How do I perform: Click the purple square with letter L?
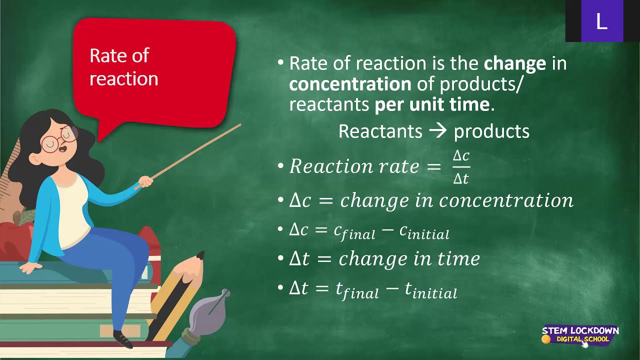coord(601,21)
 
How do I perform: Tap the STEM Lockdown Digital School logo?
coord(580,335)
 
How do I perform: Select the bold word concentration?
coord(350,84)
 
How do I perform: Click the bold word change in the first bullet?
coord(514,63)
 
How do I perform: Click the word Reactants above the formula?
coord(380,131)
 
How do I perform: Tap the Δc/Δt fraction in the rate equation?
coord(461,167)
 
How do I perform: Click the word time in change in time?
coord(458,258)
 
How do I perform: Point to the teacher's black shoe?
coord(123,339)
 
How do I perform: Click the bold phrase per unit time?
coord(431,104)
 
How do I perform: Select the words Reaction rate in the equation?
coord(354,166)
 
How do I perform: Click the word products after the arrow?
coord(491,131)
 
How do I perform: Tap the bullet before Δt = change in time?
coord(280,259)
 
